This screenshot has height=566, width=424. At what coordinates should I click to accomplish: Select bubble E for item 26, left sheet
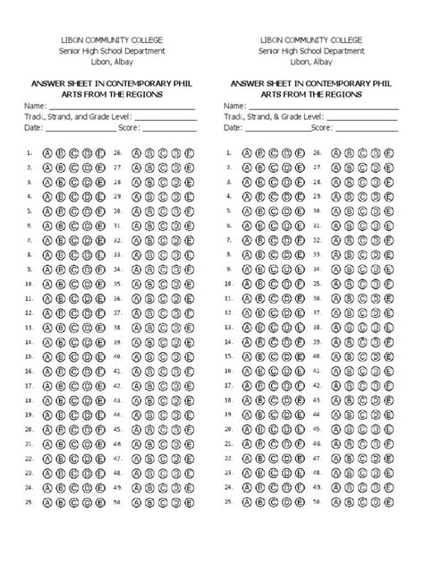[x=189, y=153]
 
